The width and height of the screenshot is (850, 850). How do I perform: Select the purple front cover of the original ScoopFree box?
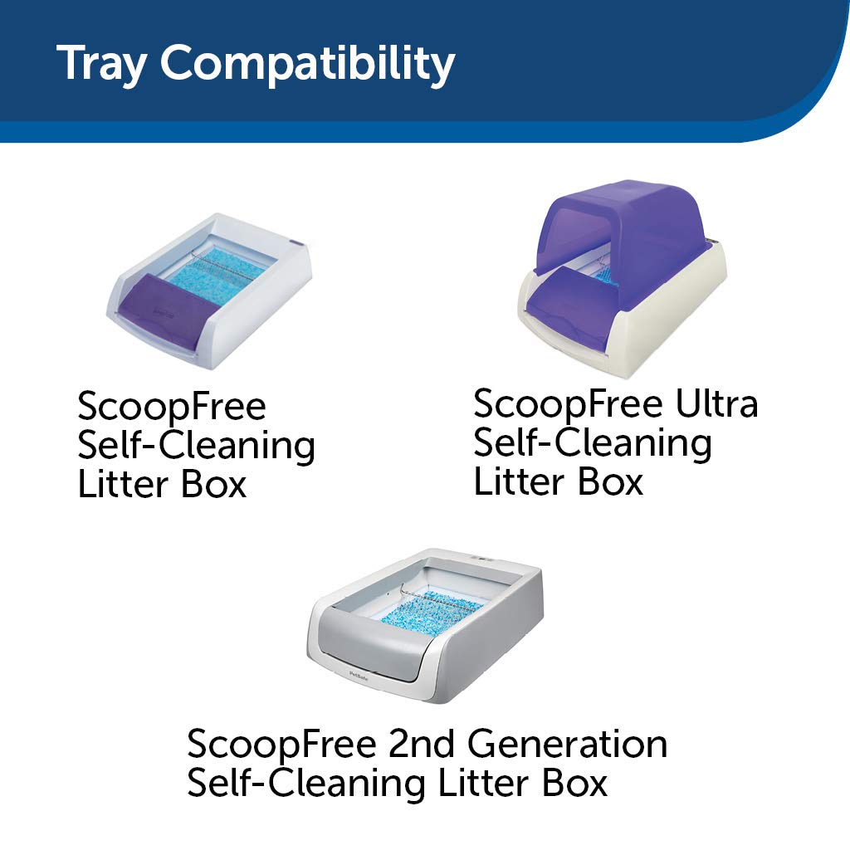166,308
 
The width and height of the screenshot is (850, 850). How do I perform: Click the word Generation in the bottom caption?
567,744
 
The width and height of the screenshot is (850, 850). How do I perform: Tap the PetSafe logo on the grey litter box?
359,673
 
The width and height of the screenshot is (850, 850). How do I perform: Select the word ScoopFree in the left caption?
172,408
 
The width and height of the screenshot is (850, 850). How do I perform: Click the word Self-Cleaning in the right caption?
592,443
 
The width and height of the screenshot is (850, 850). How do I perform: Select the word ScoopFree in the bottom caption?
281,744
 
